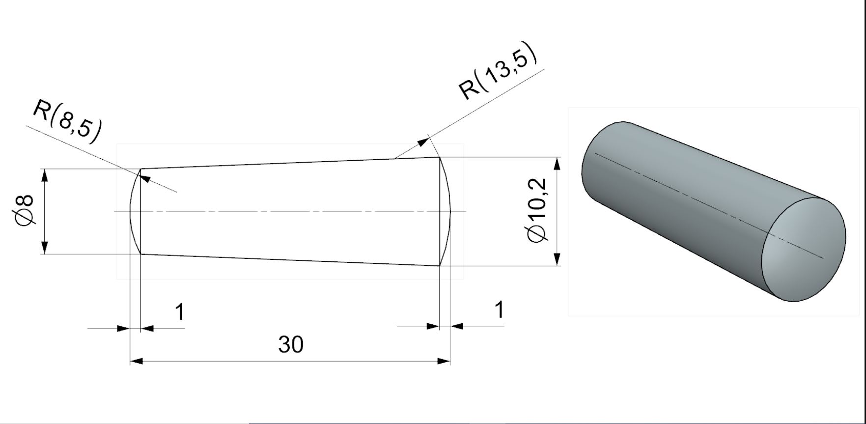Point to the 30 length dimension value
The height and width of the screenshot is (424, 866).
[291, 344]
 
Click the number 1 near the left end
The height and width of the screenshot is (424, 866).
[180, 312]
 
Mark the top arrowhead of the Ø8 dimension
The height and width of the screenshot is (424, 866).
[44, 174]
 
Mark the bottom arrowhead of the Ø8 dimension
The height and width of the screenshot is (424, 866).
[44, 248]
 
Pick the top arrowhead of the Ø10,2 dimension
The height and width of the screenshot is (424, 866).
[557, 164]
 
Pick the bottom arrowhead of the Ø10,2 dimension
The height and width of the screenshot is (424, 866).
[557, 259]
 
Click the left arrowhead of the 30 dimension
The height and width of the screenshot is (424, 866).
[137, 361]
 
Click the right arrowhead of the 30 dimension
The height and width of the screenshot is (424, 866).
[444, 361]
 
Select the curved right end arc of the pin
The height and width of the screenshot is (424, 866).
[449, 212]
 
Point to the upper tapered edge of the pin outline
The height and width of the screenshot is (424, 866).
[290, 163]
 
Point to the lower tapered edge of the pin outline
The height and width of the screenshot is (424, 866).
[290, 260]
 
